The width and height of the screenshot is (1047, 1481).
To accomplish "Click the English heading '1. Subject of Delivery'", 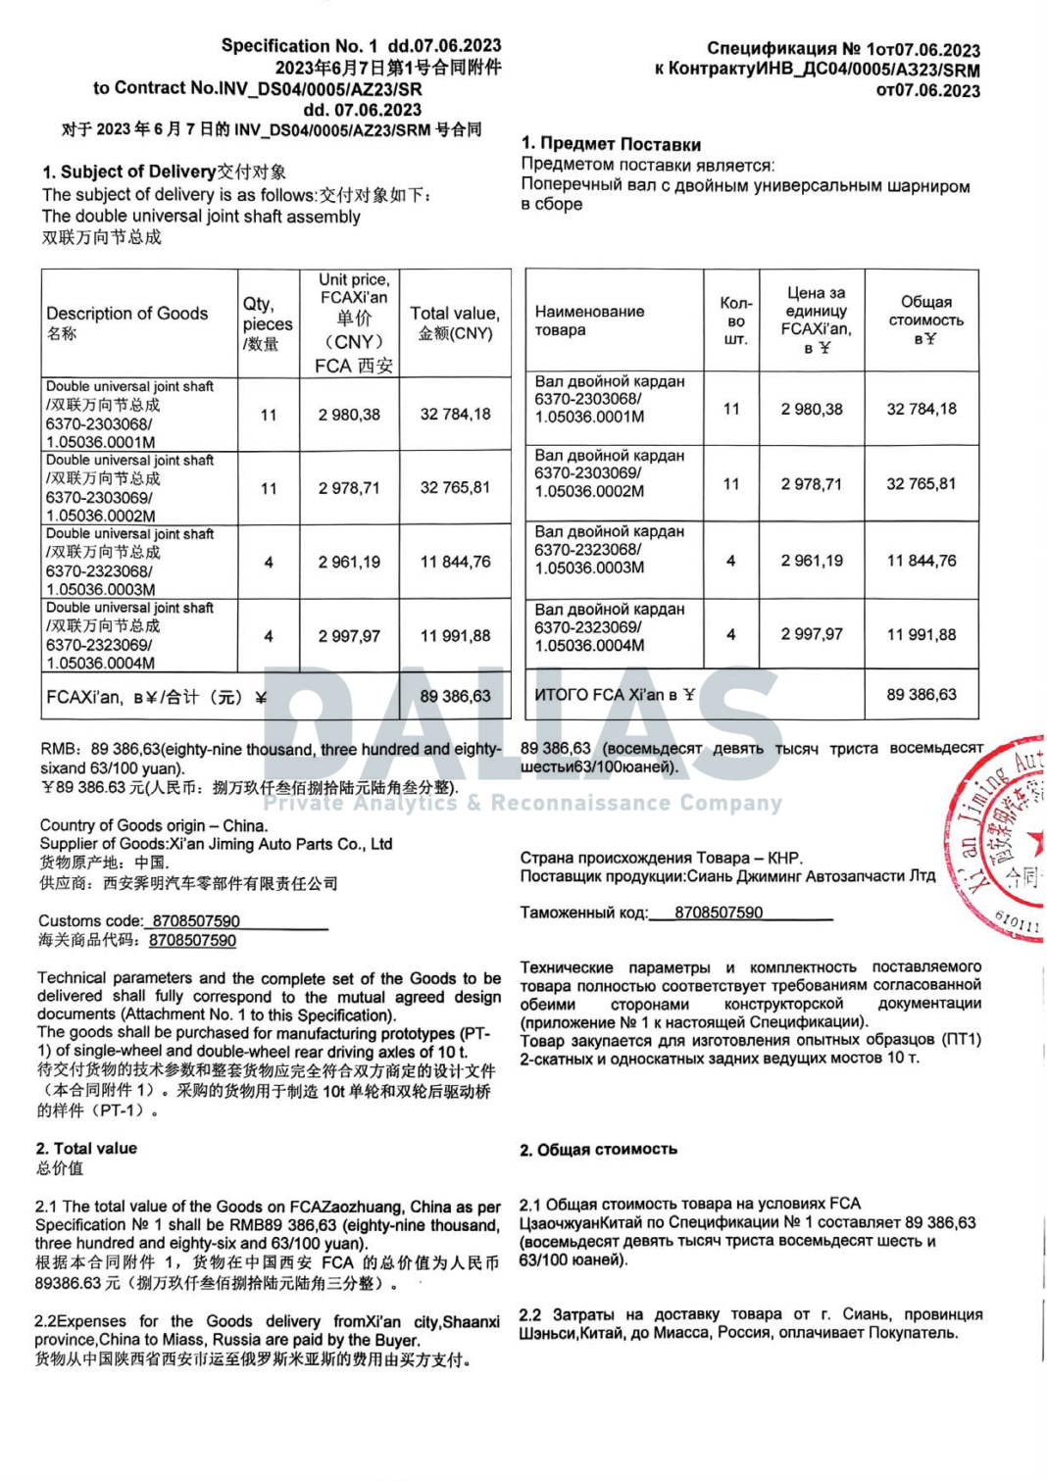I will (x=128, y=172).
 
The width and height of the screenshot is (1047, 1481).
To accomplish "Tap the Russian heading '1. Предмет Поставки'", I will (x=611, y=143).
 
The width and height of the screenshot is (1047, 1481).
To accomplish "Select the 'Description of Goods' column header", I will (x=126, y=314).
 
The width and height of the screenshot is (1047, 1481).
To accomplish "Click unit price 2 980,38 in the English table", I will (x=349, y=415).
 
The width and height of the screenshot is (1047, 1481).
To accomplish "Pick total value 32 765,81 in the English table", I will (x=455, y=487).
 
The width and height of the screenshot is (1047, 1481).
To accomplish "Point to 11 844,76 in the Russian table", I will (x=921, y=561).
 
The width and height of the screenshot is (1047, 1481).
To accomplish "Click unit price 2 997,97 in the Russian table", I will (x=811, y=634).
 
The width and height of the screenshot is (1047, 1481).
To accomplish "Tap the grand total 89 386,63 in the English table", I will (x=455, y=696).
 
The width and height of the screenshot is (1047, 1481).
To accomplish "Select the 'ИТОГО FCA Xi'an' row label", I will (x=614, y=694).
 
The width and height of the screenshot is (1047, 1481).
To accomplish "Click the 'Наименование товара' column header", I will (x=589, y=321).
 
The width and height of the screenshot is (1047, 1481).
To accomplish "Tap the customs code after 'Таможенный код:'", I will (x=719, y=913).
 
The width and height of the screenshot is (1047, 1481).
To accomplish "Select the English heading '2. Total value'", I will (x=86, y=1148).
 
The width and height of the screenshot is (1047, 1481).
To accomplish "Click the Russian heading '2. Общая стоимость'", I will (x=598, y=1149).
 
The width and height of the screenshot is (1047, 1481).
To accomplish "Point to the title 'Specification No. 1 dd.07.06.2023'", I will (x=361, y=45).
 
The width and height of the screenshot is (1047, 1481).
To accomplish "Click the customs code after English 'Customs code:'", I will (x=196, y=920).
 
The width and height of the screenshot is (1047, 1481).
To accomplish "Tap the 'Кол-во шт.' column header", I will (x=735, y=321).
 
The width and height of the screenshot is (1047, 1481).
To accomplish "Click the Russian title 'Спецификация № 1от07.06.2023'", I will (x=843, y=49).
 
